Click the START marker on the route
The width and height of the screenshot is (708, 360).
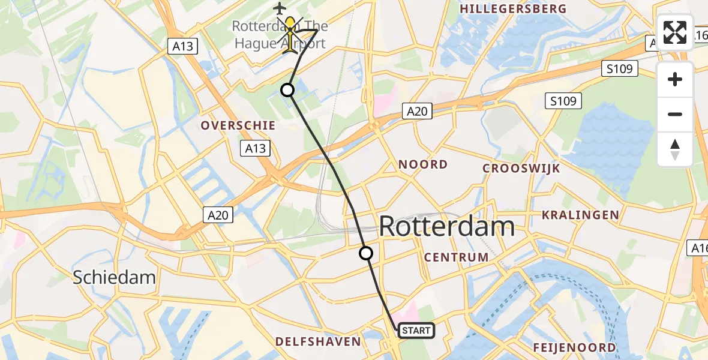415,331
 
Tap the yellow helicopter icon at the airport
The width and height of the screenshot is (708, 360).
290,34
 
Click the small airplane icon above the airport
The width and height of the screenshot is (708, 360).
280,8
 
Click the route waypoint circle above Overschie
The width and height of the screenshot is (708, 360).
287,90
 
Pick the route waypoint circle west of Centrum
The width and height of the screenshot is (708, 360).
365,253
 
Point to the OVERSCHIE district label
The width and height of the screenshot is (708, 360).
238,125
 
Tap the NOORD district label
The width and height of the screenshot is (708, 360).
423,164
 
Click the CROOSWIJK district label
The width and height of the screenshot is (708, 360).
521,169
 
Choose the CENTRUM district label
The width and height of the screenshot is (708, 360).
456,257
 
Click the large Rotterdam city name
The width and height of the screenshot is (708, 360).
447,227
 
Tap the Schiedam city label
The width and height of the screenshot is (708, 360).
114,277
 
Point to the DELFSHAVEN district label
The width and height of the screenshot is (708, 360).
318,342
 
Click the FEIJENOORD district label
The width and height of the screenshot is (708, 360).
574,348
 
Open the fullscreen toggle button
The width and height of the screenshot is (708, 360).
675,32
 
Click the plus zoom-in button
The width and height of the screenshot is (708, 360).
675,79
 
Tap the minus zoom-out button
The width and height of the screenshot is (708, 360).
675,114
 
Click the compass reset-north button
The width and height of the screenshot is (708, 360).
675,149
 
